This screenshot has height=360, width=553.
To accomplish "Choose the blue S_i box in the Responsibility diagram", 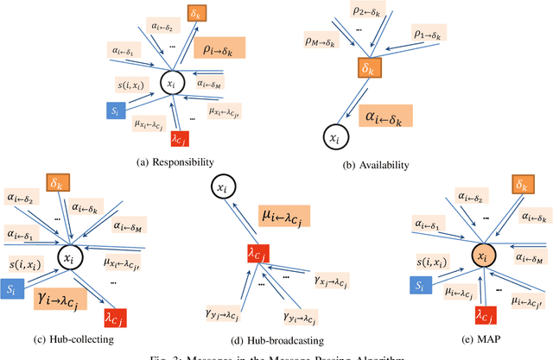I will coord(114,110).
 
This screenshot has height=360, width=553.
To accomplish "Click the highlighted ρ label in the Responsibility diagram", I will coord(219,48).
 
